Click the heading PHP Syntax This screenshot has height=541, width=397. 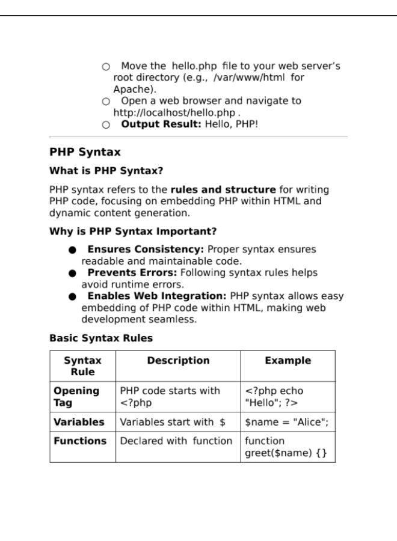85,152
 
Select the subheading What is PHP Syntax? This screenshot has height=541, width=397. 106,171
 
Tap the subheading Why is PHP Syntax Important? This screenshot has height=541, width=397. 133,231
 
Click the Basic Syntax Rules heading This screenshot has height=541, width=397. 101,338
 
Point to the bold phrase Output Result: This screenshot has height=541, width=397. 161,124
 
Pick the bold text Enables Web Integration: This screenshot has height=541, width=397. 157,296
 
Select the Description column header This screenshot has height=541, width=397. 178,361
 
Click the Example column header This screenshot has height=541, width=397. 288,361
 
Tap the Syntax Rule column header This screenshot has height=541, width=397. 83,366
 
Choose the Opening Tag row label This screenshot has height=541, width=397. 76,397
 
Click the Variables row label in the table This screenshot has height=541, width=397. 79,422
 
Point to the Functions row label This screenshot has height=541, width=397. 80,441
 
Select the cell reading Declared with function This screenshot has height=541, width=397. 176,441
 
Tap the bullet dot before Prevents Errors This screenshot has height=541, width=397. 72,274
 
